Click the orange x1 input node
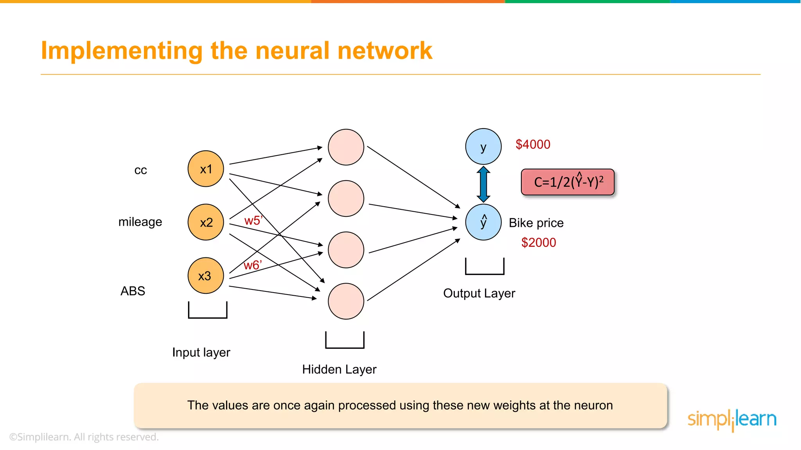(206, 169)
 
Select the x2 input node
(206, 222)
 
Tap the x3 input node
(206, 276)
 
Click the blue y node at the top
(483, 146)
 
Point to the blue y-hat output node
(483, 222)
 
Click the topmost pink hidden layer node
(346, 147)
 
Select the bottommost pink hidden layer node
(346, 301)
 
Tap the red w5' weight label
(253, 221)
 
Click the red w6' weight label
(252, 265)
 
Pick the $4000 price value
(533, 145)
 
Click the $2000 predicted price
(539, 243)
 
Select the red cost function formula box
(568, 182)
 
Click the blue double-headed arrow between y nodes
(483, 184)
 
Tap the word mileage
(140, 222)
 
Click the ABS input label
(133, 291)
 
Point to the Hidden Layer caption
(339, 369)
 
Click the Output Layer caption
(479, 293)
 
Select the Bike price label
(536, 223)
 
